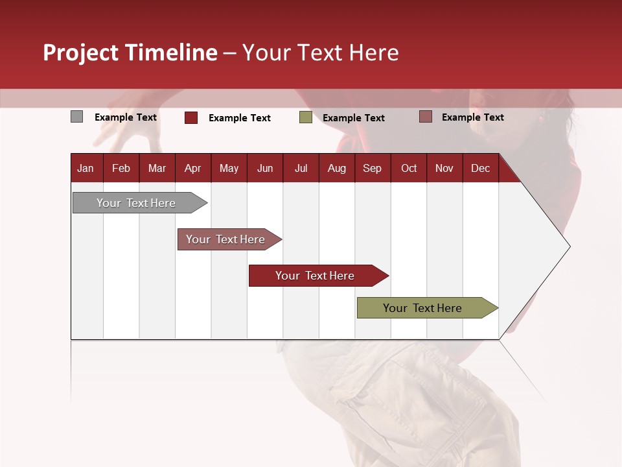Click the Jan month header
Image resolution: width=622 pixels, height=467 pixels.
[x=86, y=168]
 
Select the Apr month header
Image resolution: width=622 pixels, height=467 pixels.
[x=192, y=168]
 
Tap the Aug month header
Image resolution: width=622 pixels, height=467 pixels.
[x=336, y=168]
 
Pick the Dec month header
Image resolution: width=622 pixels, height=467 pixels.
[x=480, y=168]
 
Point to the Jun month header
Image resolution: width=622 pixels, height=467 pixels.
[x=264, y=168]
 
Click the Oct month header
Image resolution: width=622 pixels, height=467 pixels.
[x=408, y=168]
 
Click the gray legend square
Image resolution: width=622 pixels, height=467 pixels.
[x=76, y=117]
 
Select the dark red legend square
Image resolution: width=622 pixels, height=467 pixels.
[x=190, y=117]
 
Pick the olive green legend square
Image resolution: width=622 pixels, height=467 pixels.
[x=305, y=117]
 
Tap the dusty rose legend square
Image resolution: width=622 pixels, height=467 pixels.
[x=425, y=117]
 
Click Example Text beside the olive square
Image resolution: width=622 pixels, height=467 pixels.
[x=353, y=118]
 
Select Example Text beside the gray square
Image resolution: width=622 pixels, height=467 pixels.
[x=125, y=117]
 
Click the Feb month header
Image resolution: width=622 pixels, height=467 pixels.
[x=121, y=168]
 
